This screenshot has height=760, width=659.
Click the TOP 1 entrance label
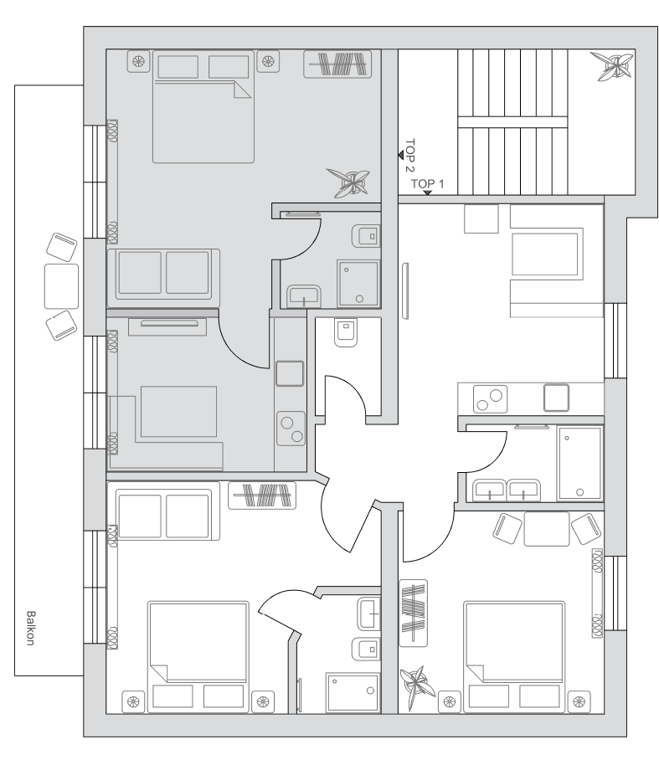coord(427,183)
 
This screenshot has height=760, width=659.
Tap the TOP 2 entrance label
coord(410,155)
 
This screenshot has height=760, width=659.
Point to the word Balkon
coord(30,628)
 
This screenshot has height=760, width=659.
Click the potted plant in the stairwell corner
coord(612,65)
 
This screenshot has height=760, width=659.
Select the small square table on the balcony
coord(62,286)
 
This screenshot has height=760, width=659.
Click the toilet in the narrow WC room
coord(346,332)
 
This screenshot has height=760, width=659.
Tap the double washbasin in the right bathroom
coord(507,490)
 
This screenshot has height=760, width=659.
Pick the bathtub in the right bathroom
coord(579,463)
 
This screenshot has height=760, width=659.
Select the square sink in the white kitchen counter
coord(556,398)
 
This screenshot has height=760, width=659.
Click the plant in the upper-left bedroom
coord(348,182)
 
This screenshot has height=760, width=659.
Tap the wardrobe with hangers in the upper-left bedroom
coord(337,64)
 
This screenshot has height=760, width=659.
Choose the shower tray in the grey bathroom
coord(359,284)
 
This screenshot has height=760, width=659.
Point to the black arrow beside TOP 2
coord(401,155)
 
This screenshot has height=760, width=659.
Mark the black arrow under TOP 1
coord(427,193)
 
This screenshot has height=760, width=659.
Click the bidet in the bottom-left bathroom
coord(366,649)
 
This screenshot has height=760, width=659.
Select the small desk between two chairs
coord(547,529)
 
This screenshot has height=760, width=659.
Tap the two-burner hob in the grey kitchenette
coord(291,429)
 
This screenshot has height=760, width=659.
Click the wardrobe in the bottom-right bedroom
coord(413,614)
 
